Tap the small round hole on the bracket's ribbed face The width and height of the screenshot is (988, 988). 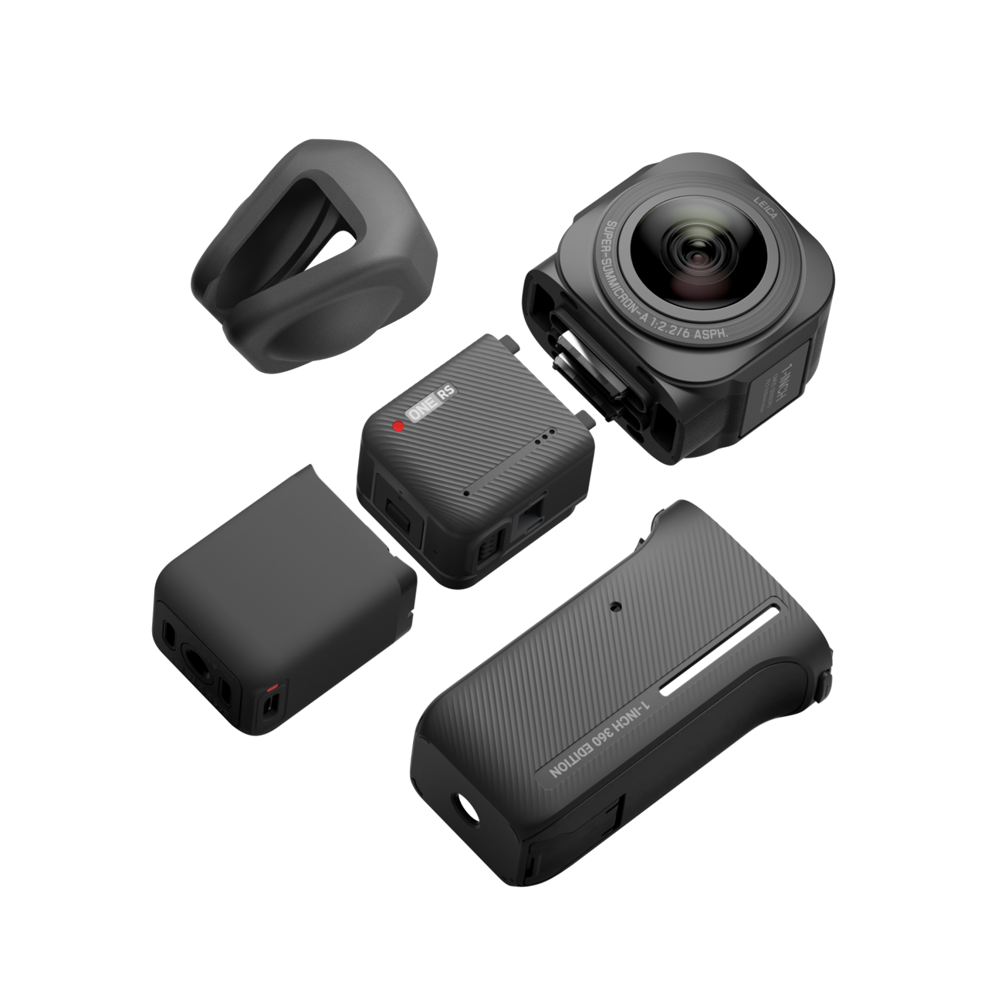coord(615,606)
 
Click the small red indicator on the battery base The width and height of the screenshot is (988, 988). coord(271,685)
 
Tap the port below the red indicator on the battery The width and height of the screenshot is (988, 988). coord(269,705)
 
